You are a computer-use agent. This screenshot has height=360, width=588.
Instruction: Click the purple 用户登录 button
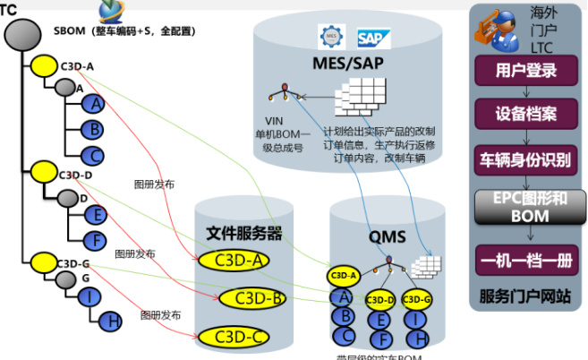(x=526, y=70)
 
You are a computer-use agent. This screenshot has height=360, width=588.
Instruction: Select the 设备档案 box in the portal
(x=526, y=114)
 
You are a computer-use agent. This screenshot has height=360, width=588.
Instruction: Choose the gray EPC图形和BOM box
(x=526, y=207)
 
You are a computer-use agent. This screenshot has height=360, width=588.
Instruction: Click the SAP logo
(x=370, y=37)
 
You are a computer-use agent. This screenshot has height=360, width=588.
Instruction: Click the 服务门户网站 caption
(x=525, y=296)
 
